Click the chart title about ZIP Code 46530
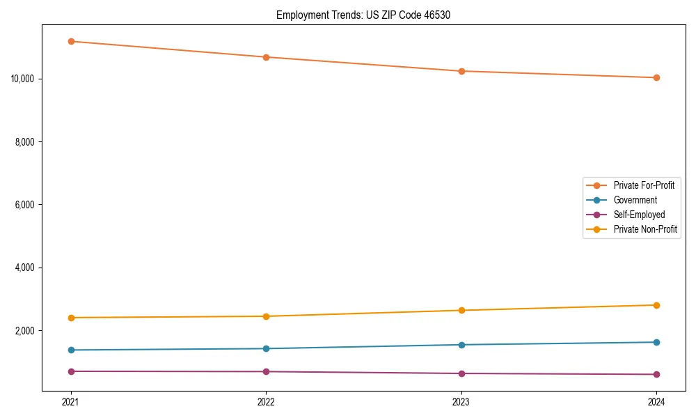[363, 15]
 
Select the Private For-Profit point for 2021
[71, 41]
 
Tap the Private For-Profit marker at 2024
[656, 77]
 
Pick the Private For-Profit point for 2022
[266, 57]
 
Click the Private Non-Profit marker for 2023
[461, 310]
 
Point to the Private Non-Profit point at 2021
[71, 318]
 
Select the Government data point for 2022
[266, 348]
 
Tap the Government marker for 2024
[656, 342]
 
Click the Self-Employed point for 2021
[71, 371]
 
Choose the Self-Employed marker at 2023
[461, 373]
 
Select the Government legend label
[635, 200]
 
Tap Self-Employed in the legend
[639, 215]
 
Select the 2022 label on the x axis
[266, 401]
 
